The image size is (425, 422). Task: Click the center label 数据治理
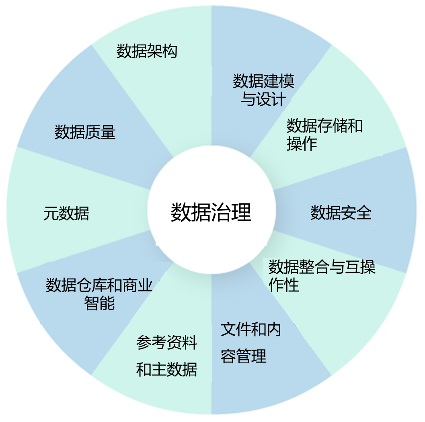pyautogui.click(x=211, y=212)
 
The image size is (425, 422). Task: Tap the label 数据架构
pyautogui.click(x=147, y=51)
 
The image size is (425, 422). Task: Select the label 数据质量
pyautogui.click(x=85, y=132)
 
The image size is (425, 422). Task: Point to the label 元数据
pyautogui.click(x=66, y=213)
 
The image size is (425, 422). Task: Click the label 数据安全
pyautogui.click(x=341, y=213)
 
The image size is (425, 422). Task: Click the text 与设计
pyautogui.click(x=263, y=99)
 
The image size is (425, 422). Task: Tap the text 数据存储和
pyautogui.click(x=324, y=126)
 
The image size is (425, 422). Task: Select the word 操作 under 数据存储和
pyautogui.click(x=302, y=143)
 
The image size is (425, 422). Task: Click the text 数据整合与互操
pyautogui.click(x=322, y=267)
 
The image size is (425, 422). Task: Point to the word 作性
pyautogui.click(x=284, y=285)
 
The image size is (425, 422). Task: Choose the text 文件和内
pyautogui.click(x=251, y=330)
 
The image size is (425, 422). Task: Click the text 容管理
pyautogui.click(x=244, y=356)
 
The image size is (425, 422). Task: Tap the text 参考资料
pyautogui.click(x=167, y=343)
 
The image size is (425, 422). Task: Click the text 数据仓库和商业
pyautogui.click(x=99, y=286)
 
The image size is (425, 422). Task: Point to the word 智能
pyautogui.click(x=99, y=303)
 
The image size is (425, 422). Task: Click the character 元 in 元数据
pyautogui.click(x=49, y=213)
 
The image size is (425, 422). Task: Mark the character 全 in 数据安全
pyautogui.click(x=363, y=213)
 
